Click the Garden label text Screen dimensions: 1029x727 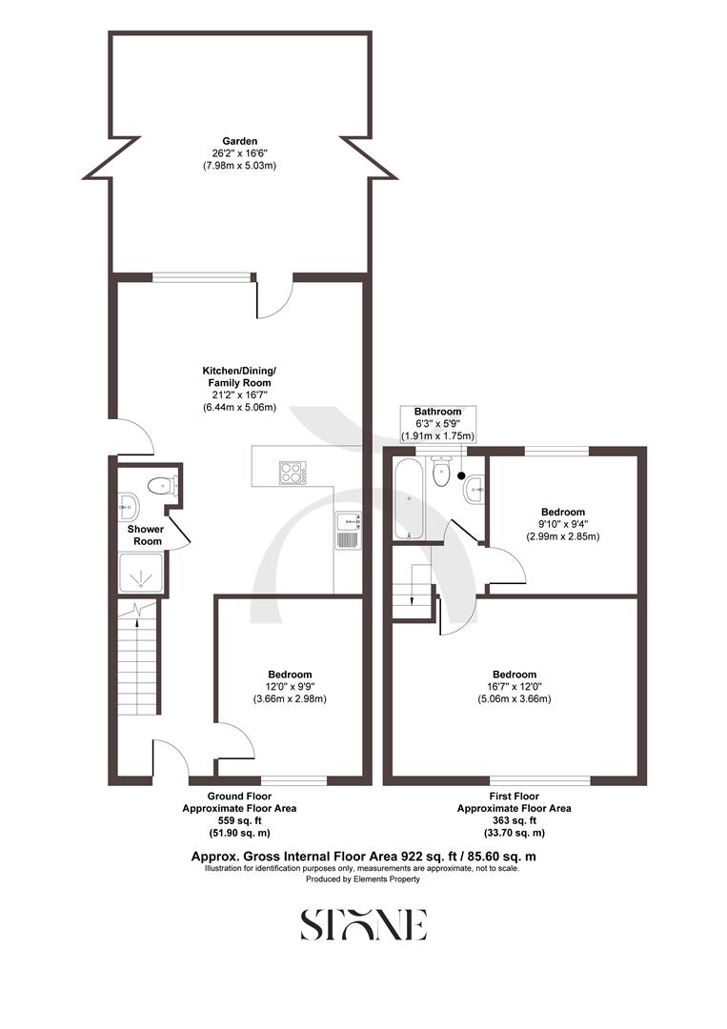(x=239, y=141)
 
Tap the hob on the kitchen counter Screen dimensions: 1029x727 (x=293, y=472)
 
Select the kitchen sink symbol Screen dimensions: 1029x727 (x=348, y=521)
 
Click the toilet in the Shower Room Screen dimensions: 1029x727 (x=159, y=485)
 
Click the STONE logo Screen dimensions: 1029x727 (x=363, y=924)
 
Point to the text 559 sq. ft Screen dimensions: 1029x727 (x=239, y=819)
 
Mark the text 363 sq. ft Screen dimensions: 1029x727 (x=514, y=819)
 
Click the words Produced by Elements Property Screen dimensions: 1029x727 (x=362, y=879)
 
